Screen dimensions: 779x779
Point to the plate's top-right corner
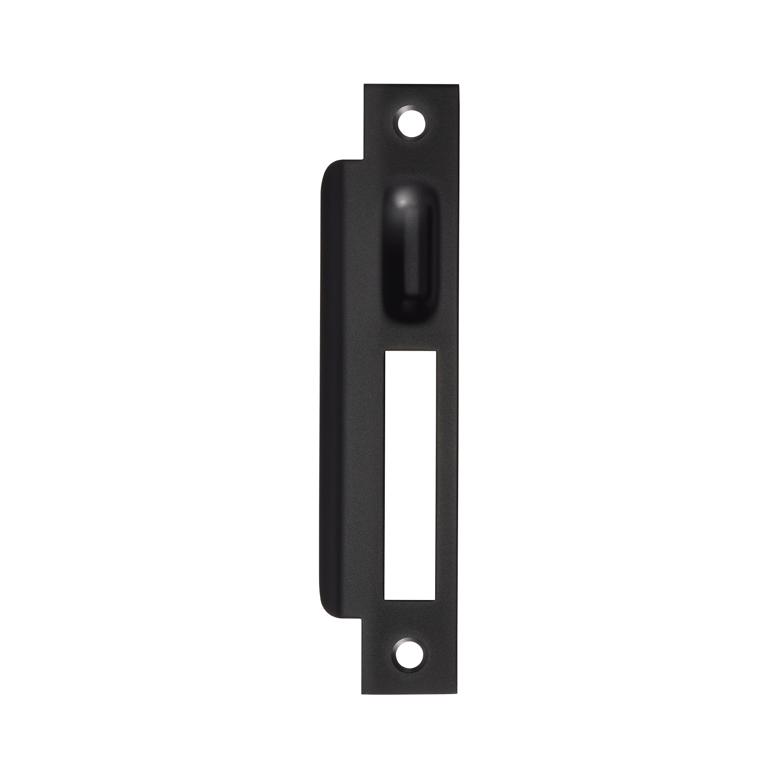459,87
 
